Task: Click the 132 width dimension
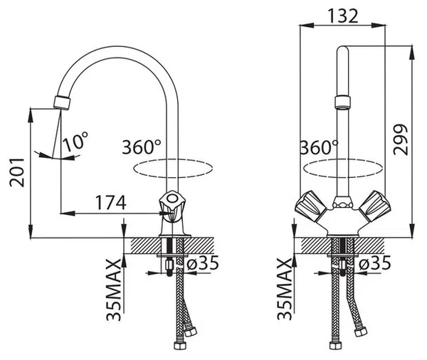342,16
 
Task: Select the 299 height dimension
401,139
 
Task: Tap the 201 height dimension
17,172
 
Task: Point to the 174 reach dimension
111,202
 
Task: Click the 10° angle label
75,142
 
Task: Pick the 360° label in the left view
142,147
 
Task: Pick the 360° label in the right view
319,147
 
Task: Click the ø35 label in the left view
203,263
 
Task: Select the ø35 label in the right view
375,263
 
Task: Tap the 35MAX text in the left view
114,290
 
